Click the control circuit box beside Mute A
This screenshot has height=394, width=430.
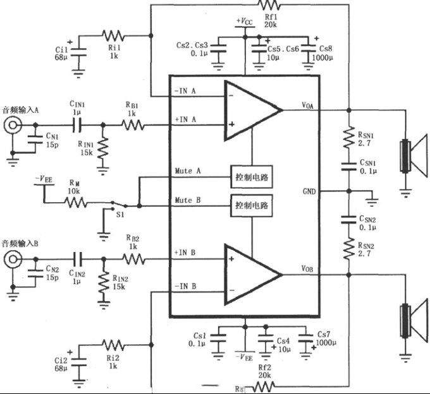(x=252, y=177)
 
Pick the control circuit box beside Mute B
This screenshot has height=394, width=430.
(x=252, y=206)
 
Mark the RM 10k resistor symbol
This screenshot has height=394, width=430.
(x=75, y=203)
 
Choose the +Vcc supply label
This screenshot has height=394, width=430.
(x=244, y=21)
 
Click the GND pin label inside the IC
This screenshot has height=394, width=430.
(x=309, y=190)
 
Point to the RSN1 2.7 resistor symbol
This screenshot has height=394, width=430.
(x=348, y=138)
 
